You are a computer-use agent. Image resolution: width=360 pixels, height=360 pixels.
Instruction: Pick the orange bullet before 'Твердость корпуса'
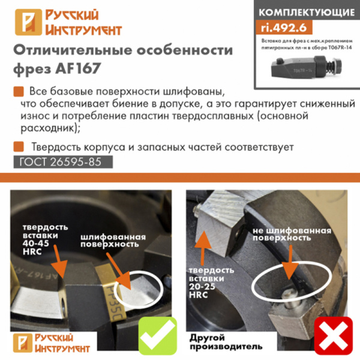18,146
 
